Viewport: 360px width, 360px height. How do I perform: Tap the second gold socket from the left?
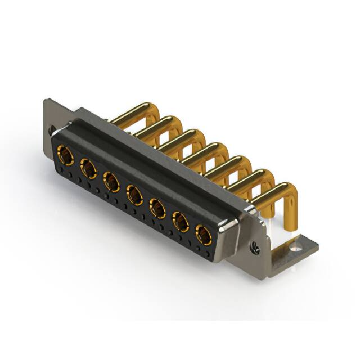pyautogui.click(x=88, y=168)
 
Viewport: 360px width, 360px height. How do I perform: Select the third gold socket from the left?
pyautogui.click(x=111, y=182)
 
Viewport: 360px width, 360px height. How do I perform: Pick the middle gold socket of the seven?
pyautogui.click(x=134, y=195)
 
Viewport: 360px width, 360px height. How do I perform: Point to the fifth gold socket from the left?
pyautogui.click(x=157, y=208)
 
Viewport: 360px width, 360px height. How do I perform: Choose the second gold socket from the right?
pyautogui.click(x=181, y=222)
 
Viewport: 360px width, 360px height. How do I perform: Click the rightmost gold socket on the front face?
pyautogui.click(x=204, y=235)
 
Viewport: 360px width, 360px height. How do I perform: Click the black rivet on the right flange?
pyautogui.click(x=253, y=246)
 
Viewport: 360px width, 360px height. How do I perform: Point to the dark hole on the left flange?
pyautogui.click(x=51, y=129)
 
